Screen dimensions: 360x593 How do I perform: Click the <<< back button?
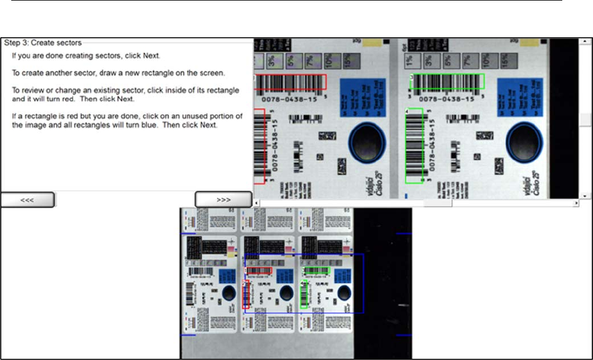coord(28,200)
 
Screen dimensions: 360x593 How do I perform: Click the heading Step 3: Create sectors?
coord(43,43)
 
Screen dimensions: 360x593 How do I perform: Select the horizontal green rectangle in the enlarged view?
coord(447,82)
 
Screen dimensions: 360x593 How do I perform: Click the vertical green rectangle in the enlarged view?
coord(414,145)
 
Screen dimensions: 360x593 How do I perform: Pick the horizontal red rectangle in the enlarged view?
coord(290,82)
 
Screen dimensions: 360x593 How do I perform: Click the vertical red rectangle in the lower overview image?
coord(245,295)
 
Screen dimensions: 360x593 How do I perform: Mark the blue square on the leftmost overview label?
coord(227,276)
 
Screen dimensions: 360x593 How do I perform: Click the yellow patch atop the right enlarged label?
coord(524,43)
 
